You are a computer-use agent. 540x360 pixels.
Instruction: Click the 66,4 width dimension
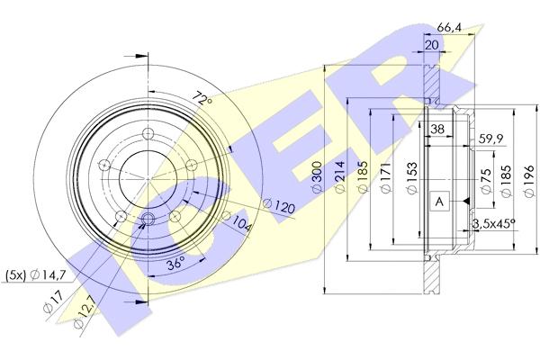tap(449, 27)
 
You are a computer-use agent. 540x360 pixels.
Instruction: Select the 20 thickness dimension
tap(431, 45)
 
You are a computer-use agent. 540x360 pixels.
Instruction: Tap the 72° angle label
tap(202, 99)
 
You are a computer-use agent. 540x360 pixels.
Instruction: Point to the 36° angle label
tap(175, 264)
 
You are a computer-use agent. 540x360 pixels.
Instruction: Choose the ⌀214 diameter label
tap(340, 176)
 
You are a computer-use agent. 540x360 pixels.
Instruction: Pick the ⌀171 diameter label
tap(386, 177)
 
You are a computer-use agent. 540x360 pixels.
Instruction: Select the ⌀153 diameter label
tap(412, 178)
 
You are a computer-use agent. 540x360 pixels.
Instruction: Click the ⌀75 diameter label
tap(485, 181)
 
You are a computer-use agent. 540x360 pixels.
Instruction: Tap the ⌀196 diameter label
tap(529, 181)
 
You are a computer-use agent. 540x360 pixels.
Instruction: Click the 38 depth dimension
tap(437, 130)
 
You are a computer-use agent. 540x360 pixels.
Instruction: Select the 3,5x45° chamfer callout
tap(493, 224)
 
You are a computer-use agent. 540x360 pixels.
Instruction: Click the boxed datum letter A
tap(439, 202)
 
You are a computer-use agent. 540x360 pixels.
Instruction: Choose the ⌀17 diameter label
tap(53, 301)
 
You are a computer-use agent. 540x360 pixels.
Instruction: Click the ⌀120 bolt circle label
tap(279, 205)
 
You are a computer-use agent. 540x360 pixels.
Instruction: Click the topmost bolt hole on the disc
tap(148, 133)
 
